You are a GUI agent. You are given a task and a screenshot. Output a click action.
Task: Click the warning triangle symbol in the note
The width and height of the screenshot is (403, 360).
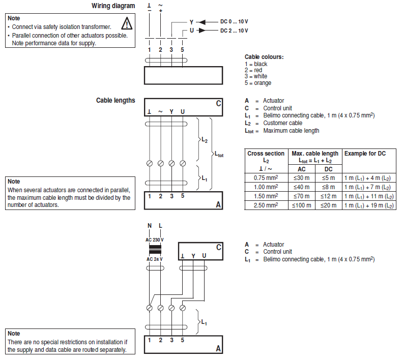point(127,23)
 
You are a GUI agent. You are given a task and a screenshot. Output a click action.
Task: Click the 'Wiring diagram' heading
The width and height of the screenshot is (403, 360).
point(113,6)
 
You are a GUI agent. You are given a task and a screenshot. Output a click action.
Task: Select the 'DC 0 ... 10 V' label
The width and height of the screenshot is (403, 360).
point(234,22)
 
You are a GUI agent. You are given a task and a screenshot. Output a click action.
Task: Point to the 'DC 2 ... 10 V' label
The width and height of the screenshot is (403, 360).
point(234,31)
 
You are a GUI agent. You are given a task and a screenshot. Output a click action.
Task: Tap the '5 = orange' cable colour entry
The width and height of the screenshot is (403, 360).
point(258,83)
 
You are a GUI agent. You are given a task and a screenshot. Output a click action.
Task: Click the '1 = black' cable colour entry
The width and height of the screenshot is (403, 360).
point(256,64)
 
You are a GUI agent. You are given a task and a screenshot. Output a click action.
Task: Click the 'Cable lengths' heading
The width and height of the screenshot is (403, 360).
point(116,100)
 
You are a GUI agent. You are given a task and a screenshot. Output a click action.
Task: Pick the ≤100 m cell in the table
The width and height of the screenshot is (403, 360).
point(302,205)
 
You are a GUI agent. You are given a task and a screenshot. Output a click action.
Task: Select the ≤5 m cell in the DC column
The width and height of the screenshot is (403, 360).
point(328,178)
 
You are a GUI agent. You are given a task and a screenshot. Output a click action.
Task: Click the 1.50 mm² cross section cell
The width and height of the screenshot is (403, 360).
point(266,196)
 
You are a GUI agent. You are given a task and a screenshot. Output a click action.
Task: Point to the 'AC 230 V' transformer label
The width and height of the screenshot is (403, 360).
point(155,240)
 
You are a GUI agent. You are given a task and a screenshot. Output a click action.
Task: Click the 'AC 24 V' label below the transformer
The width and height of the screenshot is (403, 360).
point(155,259)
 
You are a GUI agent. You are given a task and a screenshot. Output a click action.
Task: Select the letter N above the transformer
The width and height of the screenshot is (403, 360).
point(150,225)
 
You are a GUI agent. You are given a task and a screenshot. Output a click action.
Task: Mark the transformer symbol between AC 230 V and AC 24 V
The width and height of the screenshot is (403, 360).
point(155,250)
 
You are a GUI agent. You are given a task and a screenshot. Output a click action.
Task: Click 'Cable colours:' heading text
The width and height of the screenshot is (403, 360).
point(264,57)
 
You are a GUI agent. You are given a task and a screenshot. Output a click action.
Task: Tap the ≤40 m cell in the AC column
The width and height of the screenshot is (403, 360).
point(302,187)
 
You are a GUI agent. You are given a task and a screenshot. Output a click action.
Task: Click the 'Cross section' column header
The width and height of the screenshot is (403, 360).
point(266,154)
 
